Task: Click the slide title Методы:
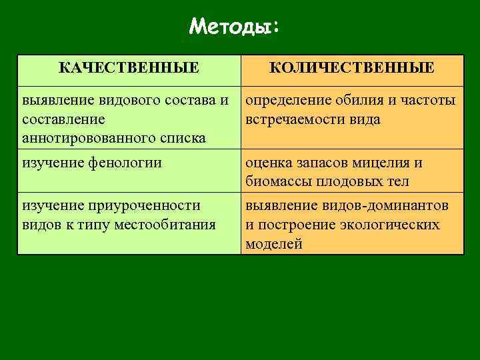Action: pos(235,27)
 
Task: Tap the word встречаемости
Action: pos(300,119)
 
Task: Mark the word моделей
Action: pos(273,243)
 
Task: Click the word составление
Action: pos(63,119)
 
